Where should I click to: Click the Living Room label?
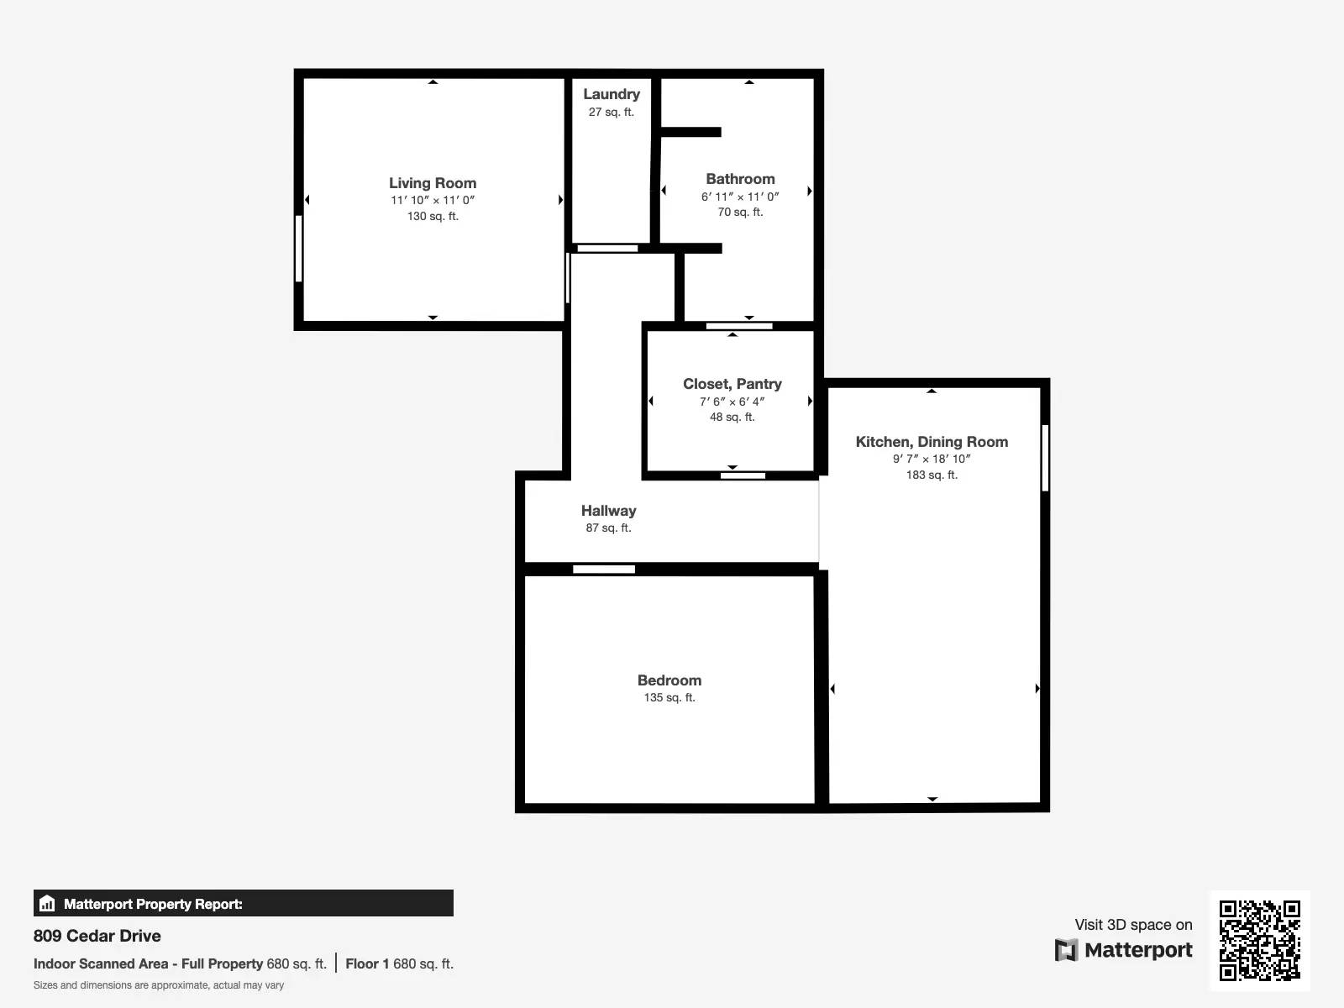[433, 183]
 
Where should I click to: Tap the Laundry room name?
[611, 94]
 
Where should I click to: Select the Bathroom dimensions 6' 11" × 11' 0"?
[740, 197]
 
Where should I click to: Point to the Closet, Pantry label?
[732, 384]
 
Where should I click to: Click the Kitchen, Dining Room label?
[932, 442]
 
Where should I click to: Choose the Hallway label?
[608, 511]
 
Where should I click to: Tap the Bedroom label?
[669, 680]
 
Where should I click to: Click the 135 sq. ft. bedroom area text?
[669, 697]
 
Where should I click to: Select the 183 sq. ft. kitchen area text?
[932, 475]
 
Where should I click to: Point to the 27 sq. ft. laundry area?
[611, 112]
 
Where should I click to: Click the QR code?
[1259, 941]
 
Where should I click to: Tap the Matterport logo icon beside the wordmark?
[1066, 950]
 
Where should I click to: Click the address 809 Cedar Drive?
[97, 936]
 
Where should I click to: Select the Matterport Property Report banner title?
[153, 904]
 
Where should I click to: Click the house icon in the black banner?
[47, 903]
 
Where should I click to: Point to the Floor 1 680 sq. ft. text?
[399, 964]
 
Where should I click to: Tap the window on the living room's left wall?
[299, 249]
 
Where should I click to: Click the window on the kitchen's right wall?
[1045, 458]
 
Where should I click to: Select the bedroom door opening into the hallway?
[604, 570]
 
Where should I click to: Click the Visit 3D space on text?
[1133, 925]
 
